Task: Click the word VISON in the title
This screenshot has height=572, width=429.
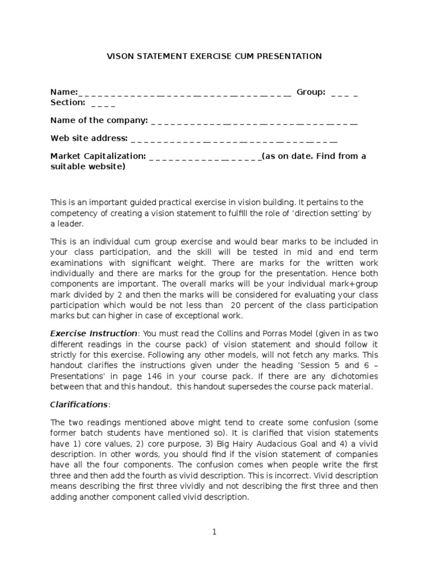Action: click(119, 56)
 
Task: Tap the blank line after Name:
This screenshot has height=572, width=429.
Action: click(185, 92)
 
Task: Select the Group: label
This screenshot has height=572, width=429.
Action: click(311, 92)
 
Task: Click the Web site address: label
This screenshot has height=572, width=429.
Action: click(89, 138)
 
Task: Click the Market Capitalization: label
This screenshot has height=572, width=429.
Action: click(98, 156)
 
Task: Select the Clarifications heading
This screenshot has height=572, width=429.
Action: click(78, 404)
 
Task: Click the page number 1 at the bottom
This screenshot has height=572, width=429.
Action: click(214, 532)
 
